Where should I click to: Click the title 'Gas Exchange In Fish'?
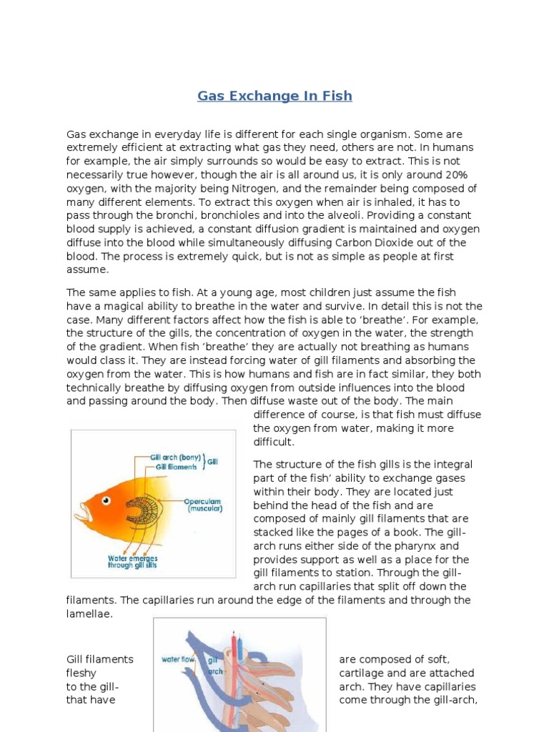(x=274, y=96)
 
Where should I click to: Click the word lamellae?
(x=89, y=614)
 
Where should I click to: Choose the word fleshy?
(x=81, y=673)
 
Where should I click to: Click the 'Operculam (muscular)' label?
(x=204, y=505)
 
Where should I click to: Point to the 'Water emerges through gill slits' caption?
(x=133, y=563)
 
